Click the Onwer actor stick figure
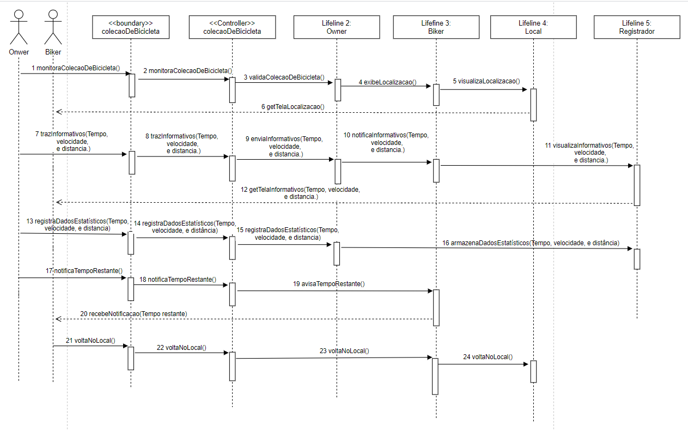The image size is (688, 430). click(x=19, y=27)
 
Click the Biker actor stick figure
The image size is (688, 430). click(x=53, y=27)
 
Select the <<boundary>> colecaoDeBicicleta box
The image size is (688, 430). click(x=131, y=27)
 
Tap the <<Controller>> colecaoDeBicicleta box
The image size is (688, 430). click(x=232, y=27)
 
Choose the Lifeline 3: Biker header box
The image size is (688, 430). click(x=436, y=27)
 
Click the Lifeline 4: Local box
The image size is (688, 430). click(x=533, y=27)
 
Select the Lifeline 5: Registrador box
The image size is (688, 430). click(x=637, y=27)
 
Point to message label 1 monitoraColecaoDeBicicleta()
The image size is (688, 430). click(x=76, y=68)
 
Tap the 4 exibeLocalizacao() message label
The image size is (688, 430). click(x=387, y=82)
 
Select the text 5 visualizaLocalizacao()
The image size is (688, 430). click(x=486, y=81)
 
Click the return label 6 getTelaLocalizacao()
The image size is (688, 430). click(x=293, y=107)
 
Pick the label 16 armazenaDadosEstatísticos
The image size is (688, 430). click(x=531, y=243)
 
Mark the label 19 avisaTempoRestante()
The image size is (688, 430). click(x=329, y=283)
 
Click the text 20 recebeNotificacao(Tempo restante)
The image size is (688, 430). click(x=133, y=313)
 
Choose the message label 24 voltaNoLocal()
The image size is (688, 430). click(x=487, y=357)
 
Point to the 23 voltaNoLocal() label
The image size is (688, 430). click(x=344, y=351)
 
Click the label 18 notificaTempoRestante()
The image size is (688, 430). click(x=178, y=279)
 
